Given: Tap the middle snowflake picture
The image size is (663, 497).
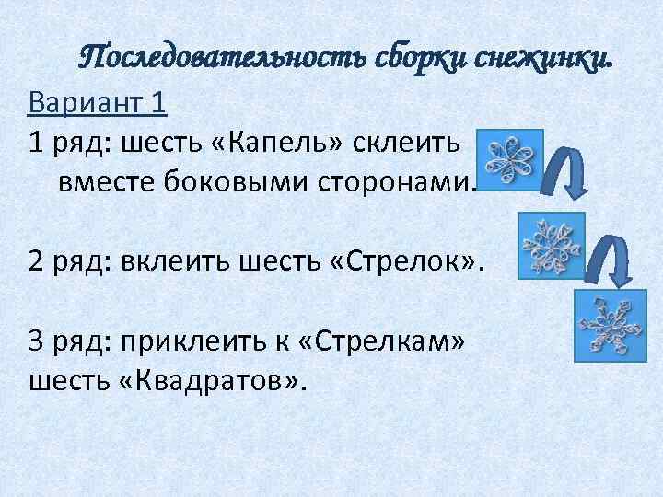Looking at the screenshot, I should tap(551, 244).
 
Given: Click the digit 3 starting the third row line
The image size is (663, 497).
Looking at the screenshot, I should tap(36, 342).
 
